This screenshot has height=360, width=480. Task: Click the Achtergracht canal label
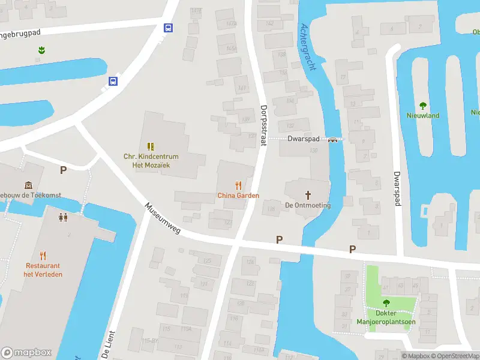click(307, 47)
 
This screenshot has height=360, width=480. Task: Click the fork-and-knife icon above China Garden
click(238, 185)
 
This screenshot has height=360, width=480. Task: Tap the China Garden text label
click(238, 196)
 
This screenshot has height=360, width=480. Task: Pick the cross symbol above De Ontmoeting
click(308, 195)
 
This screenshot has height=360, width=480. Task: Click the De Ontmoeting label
click(308, 205)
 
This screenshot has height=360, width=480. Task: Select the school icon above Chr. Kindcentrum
click(151, 146)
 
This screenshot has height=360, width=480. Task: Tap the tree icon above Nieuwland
click(423, 106)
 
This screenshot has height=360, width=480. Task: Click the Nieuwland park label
click(423, 115)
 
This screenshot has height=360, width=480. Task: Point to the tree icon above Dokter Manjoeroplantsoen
click(386, 303)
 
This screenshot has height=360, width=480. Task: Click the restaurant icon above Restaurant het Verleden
click(43, 256)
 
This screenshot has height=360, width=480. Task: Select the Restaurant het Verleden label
click(43, 270)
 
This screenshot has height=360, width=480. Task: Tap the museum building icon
click(28, 185)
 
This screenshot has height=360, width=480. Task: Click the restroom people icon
click(63, 217)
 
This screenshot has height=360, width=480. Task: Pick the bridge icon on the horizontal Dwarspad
click(332, 139)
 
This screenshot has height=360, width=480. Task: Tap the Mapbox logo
click(26, 353)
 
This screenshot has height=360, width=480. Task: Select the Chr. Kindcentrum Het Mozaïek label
click(151, 160)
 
